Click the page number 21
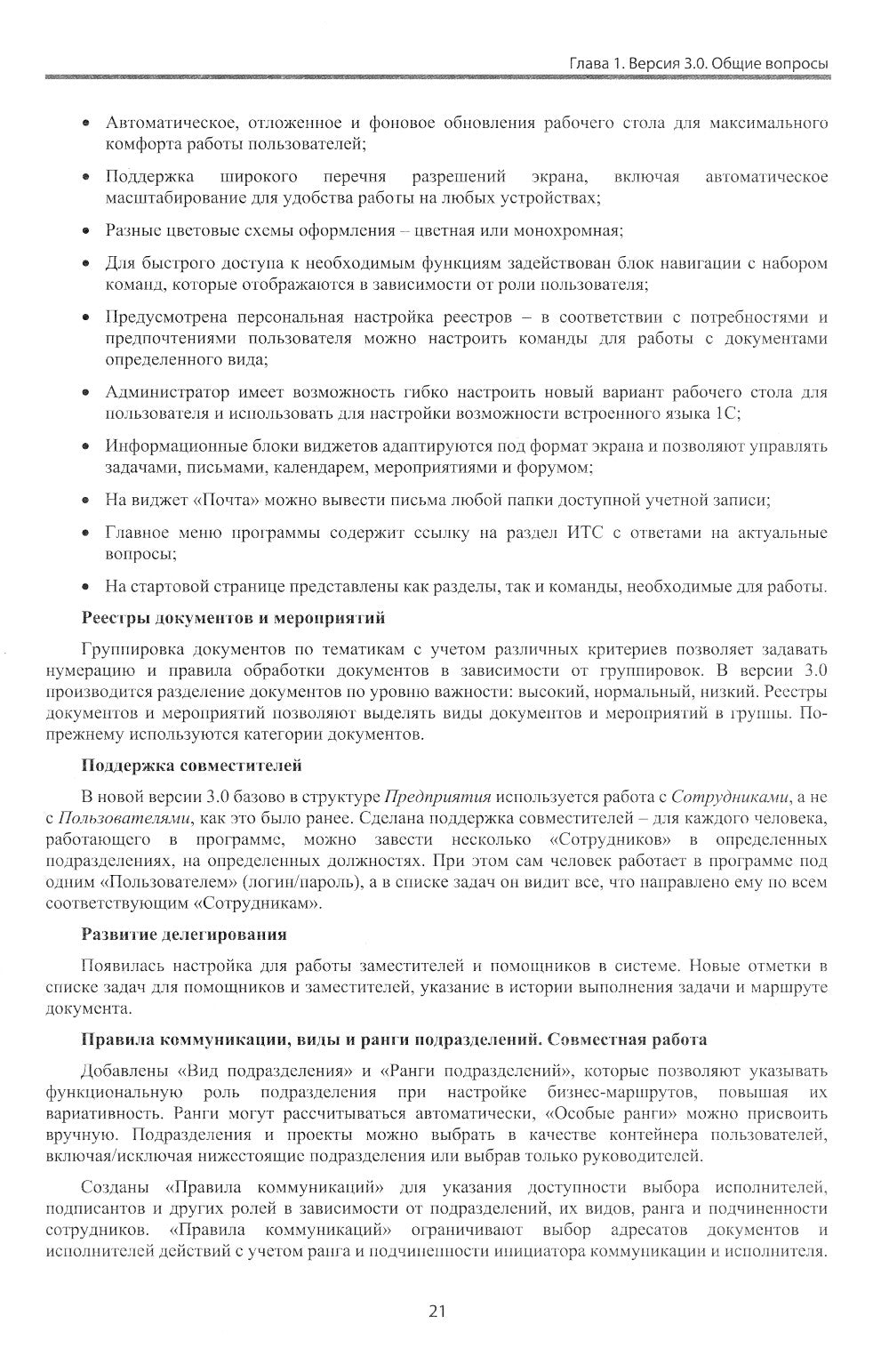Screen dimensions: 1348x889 [x=436, y=1312]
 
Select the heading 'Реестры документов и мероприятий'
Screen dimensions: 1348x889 [x=233, y=616]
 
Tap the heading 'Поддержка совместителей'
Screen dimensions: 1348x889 [x=191, y=765]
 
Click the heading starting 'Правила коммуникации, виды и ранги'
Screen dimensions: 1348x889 [x=394, y=1039]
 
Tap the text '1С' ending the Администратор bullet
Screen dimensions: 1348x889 [x=728, y=413]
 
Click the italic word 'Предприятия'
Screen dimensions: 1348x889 [x=437, y=795]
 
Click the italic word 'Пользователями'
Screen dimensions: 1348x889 [x=125, y=817]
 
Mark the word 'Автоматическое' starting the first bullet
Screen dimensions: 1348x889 [x=157, y=121]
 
